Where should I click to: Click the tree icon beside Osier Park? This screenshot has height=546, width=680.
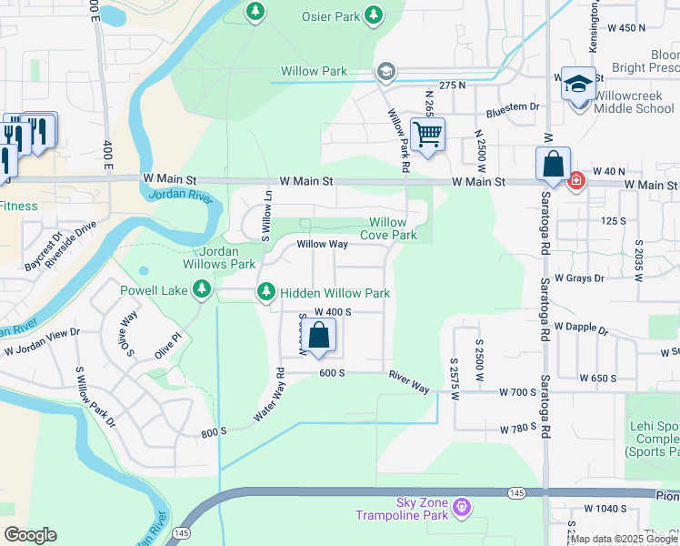373,15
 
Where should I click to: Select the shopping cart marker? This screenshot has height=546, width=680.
427,135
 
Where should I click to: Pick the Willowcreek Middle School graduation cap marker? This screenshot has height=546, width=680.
578,85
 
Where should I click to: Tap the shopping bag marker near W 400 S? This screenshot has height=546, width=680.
319,337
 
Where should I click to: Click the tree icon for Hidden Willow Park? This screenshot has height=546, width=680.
266,292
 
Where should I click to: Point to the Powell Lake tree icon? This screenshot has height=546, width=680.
201,290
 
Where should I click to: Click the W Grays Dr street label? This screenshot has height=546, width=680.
579,278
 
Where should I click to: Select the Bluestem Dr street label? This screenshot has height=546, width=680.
513,106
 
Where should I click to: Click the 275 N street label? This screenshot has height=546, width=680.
452,85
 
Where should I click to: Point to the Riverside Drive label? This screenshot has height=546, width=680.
70,244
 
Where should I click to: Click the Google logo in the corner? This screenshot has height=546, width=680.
30,535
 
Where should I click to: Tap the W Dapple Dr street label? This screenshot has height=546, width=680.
580,325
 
